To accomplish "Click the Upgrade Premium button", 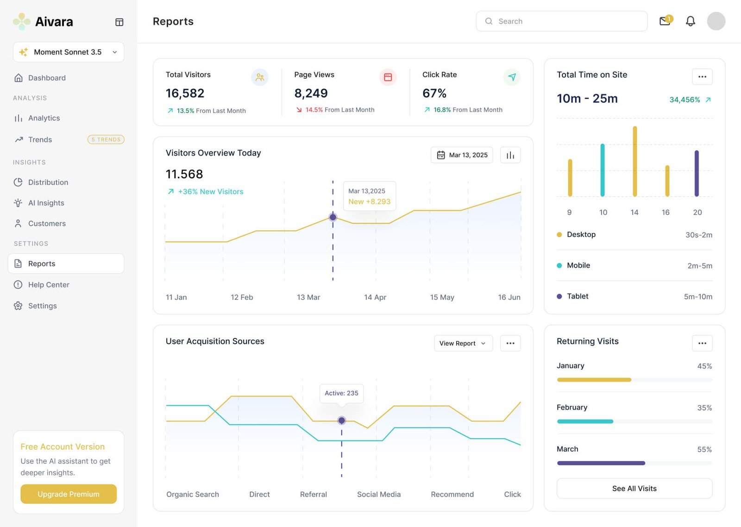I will (69, 494).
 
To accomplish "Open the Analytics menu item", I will (44, 118).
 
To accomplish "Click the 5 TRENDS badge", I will (106, 139).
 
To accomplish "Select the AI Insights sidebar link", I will (46, 203).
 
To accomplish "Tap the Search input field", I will (561, 21).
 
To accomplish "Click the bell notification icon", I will (690, 21).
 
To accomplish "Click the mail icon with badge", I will (665, 21).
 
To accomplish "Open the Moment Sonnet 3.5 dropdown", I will (69, 52).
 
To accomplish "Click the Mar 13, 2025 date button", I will (462, 155).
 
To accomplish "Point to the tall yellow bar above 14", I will (634, 161).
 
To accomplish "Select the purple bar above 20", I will (696, 173).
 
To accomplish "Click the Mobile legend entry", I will (578, 265).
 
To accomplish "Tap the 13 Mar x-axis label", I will (308, 297).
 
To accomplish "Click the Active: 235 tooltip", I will (341, 393).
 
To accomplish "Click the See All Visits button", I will (634, 489).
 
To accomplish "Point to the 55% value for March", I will (704, 449).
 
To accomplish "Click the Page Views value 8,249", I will (311, 94).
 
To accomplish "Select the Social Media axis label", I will (378, 494).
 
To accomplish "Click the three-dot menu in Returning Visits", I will (702, 343).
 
